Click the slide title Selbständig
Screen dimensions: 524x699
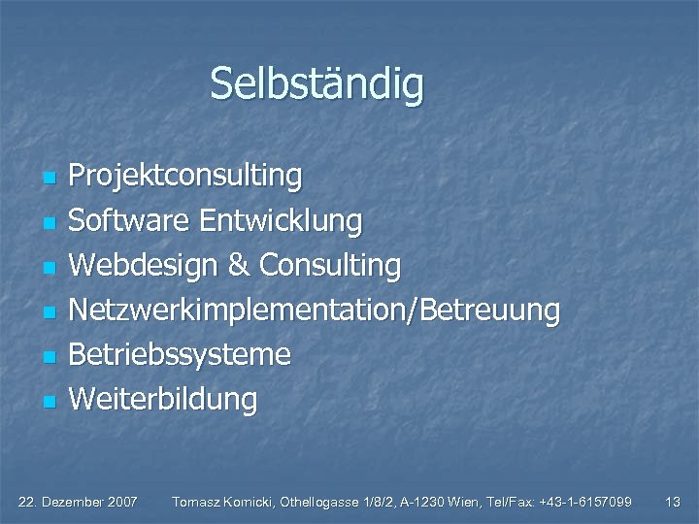(x=316, y=83)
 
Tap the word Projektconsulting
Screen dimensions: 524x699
(x=185, y=177)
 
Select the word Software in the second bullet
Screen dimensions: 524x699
(x=129, y=221)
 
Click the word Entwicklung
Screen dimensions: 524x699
(x=281, y=221)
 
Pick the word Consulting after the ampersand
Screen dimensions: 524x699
(x=330, y=265)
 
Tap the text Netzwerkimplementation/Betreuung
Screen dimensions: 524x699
(x=315, y=311)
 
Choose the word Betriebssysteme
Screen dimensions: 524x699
(x=180, y=354)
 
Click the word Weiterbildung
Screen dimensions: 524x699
(x=163, y=399)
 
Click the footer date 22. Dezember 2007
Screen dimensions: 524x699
(x=79, y=502)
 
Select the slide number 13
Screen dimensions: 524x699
(x=672, y=502)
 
